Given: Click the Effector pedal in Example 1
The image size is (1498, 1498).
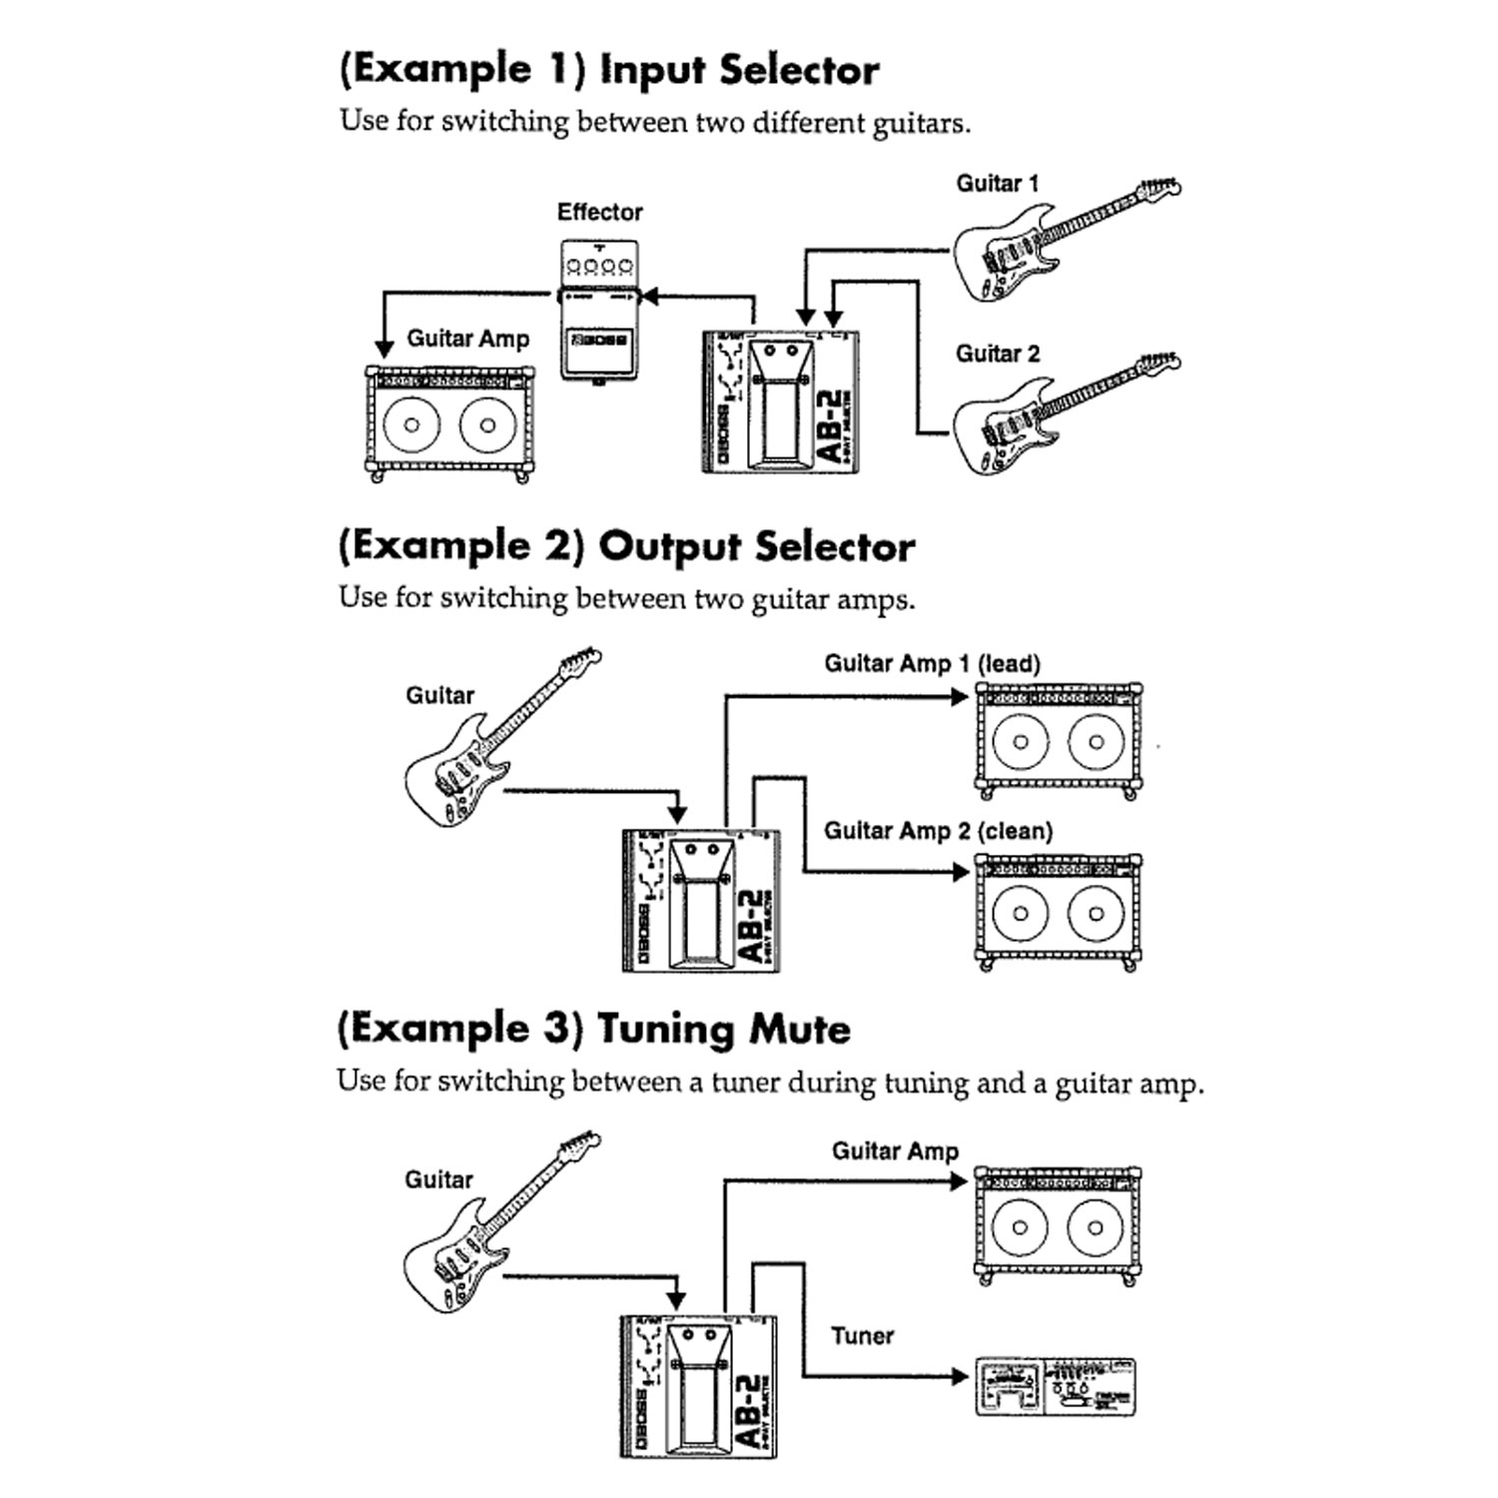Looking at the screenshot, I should (598, 310).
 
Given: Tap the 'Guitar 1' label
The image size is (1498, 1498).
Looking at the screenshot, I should (997, 184).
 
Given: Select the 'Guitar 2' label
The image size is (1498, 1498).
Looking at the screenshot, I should (997, 354).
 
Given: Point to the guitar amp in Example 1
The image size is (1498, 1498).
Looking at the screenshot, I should (448, 423).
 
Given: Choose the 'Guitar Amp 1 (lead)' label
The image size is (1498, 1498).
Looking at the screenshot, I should (932, 664).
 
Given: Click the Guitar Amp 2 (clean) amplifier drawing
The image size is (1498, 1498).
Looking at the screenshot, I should (1058, 911).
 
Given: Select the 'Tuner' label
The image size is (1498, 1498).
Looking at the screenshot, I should (862, 1336).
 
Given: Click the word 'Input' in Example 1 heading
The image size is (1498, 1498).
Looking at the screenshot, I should (652, 70).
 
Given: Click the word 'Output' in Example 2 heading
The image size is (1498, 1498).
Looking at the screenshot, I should (670, 546).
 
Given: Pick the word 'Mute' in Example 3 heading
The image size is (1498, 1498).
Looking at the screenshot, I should (800, 1029).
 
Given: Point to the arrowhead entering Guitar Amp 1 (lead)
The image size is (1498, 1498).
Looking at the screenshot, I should (961, 696).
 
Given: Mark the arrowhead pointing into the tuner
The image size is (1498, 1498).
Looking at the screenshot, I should (961, 1377).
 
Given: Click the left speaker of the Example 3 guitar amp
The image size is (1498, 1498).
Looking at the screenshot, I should (1020, 1227).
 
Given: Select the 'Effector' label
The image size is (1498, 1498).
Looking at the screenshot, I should (599, 212).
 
